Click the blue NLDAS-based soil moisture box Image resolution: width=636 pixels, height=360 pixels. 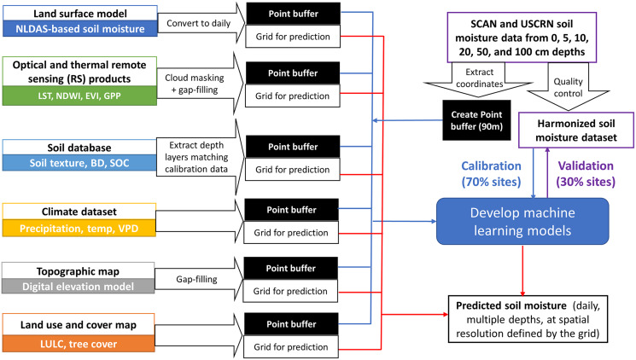[x=80, y=29]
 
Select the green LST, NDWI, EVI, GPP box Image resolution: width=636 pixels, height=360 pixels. [x=79, y=96]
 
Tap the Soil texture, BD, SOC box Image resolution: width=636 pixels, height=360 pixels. [x=79, y=163]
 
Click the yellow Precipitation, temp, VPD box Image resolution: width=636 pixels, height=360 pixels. [x=79, y=229]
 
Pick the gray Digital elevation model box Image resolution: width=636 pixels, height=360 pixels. [x=78, y=287]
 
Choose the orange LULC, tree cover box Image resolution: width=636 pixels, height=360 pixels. [x=79, y=344]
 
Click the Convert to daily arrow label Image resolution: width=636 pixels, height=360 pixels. [x=198, y=23]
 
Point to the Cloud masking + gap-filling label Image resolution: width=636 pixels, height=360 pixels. [x=195, y=84]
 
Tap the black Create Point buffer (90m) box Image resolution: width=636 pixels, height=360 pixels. [x=476, y=120]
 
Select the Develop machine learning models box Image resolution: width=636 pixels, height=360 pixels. [x=522, y=221]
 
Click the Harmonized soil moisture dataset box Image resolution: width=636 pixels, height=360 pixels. [x=576, y=131]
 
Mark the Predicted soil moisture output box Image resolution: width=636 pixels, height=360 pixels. [x=528, y=319]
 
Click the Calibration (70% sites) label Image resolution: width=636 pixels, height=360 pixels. [x=491, y=173]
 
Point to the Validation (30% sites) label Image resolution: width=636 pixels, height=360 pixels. [x=586, y=173]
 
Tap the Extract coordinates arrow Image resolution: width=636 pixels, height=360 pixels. [x=479, y=79]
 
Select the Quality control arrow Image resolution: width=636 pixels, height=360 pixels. [x=568, y=87]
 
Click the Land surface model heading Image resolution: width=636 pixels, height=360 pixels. [x=80, y=14]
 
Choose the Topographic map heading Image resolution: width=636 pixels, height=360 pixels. [x=78, y=271]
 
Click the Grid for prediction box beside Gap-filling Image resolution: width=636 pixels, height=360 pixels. [x=290, y=291]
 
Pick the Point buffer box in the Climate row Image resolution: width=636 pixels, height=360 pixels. [x=291, y=210]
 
